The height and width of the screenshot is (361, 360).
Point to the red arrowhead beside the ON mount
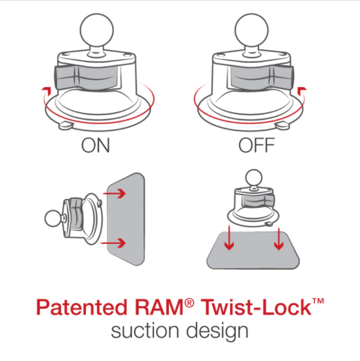[x=43, y=89]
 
